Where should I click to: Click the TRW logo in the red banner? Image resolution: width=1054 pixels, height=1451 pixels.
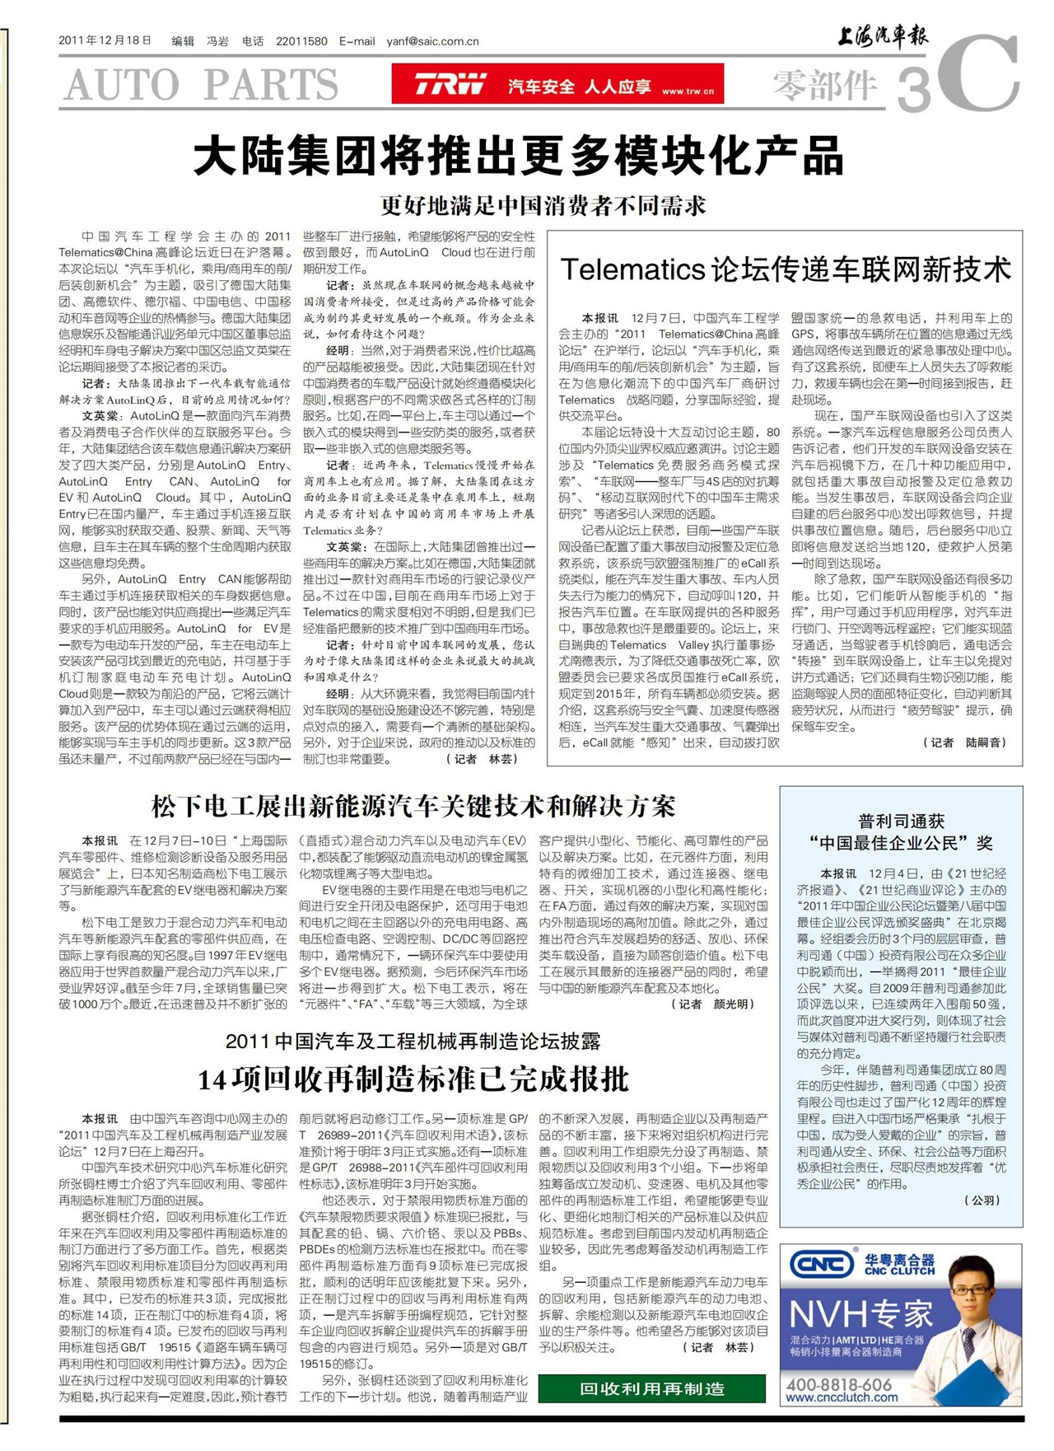tap(450, 84)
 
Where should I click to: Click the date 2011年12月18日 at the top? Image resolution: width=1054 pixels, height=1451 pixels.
tap(105, 40)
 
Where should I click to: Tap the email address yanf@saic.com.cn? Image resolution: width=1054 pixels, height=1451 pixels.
tap(432, 41)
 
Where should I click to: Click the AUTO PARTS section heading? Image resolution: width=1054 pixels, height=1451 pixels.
tap(201, 85)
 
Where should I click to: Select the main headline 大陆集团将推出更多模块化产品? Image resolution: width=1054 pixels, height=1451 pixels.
tap(519, 156)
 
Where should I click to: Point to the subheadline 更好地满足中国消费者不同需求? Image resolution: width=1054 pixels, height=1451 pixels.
tap(543, 205)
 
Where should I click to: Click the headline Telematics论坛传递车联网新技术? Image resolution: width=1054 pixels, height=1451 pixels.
tap(785, 269)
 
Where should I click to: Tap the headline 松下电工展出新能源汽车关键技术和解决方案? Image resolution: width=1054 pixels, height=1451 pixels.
tap(413, 806)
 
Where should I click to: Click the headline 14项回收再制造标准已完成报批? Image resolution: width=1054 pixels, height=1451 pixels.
tap(413, 1079)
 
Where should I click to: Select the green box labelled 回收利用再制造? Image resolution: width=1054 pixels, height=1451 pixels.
tap(651, 1388)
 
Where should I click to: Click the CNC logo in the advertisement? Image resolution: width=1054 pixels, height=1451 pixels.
tap(820, 1263)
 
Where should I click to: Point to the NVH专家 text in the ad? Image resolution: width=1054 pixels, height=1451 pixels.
tap(860, 1313)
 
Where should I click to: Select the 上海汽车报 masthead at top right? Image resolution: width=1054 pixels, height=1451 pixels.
tap(882, 36)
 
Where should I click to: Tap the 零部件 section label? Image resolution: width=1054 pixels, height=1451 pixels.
tap(825, 85)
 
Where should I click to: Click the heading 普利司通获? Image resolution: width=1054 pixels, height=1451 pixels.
tap(901, 821)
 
